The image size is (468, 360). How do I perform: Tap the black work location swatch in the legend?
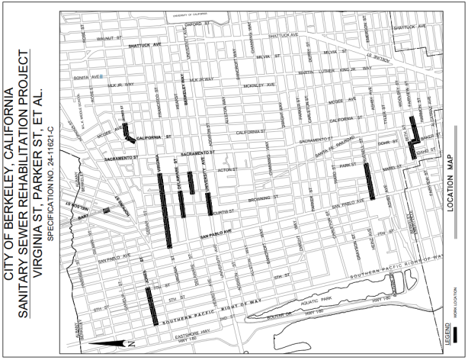pos(457,335)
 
